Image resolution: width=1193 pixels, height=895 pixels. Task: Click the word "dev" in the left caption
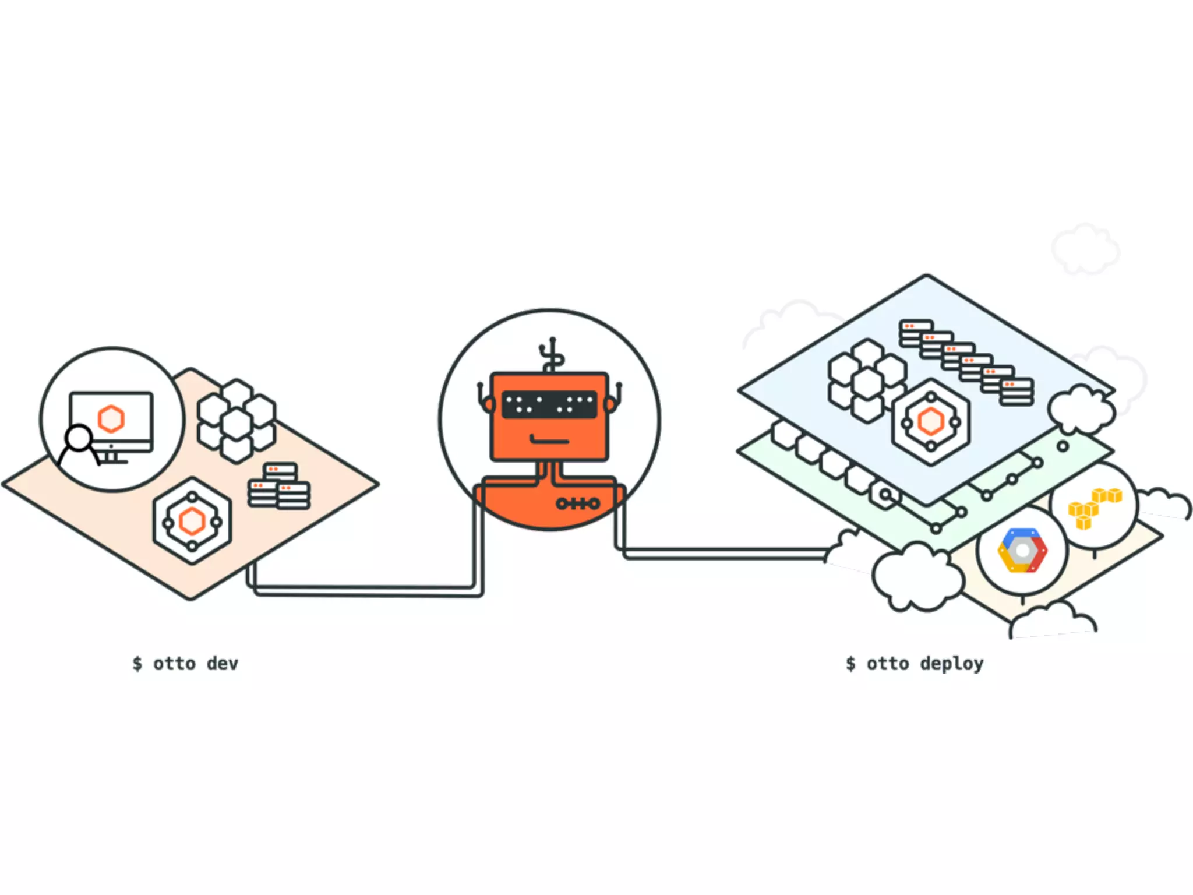pos(223,664)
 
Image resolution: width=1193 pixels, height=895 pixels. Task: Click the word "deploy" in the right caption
pos(952,664)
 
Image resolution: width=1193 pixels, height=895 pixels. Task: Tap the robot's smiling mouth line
pos(549,440)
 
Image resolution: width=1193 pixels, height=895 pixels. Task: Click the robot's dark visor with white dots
pos(549,404)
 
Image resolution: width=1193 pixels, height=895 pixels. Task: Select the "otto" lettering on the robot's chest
pos(577,503)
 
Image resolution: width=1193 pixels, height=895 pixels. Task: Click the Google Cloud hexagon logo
pos(1022,551)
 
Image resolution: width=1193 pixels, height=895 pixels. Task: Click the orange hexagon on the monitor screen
pos(111,418)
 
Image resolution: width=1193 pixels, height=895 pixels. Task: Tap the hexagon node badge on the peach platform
pos(192,520)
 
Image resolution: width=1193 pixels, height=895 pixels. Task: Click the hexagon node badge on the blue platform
pos(930,421)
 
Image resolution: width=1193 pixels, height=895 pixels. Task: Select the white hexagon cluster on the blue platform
pos(867,380)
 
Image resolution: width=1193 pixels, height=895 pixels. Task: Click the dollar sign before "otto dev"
pos(137,664)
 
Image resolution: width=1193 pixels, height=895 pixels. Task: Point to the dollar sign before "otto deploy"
pos(851,664)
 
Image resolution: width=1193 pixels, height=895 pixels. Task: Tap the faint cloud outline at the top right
pos(1085,249)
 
